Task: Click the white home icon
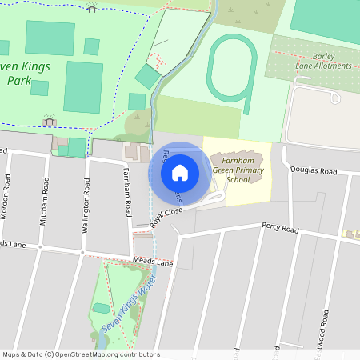pos(180,172)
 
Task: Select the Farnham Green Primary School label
pos(238,169)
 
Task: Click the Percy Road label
pos(279,229)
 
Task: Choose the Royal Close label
pos(166,218)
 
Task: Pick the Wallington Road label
pos(84,205)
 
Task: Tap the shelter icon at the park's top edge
pos(91,7)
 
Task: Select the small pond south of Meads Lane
pos(101,308)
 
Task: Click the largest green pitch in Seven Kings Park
pos(82,86)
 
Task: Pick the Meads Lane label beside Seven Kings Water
pos(153,262)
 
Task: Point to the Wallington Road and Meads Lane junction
pos(83,253)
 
